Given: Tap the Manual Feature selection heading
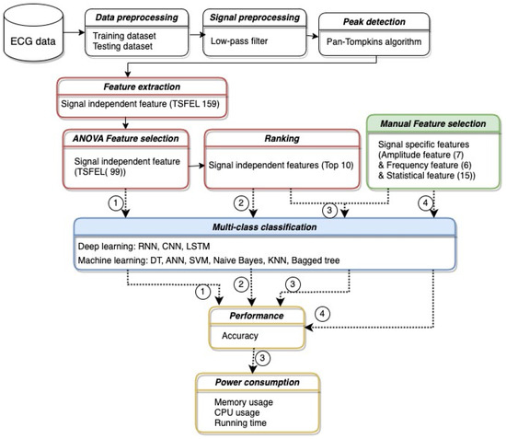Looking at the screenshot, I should click(434, 122).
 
